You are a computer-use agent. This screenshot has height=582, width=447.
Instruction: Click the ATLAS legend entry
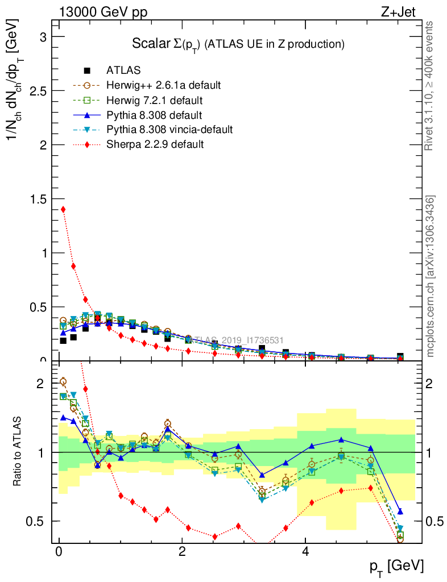[123, 70]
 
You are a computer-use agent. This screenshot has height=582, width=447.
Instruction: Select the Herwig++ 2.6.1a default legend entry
[163, 85]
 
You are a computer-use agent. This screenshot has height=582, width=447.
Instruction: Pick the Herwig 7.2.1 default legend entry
[154, 100]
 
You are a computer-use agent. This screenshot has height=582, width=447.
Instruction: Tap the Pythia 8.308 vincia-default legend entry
[169, 130]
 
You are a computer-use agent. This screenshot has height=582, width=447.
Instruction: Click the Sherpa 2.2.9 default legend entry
[155, 144]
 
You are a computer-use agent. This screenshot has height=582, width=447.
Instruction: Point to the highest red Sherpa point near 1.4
[63, 209]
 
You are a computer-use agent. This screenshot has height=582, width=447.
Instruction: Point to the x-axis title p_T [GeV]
[396, 566]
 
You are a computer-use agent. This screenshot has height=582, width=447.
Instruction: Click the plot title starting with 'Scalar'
[239, 44]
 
